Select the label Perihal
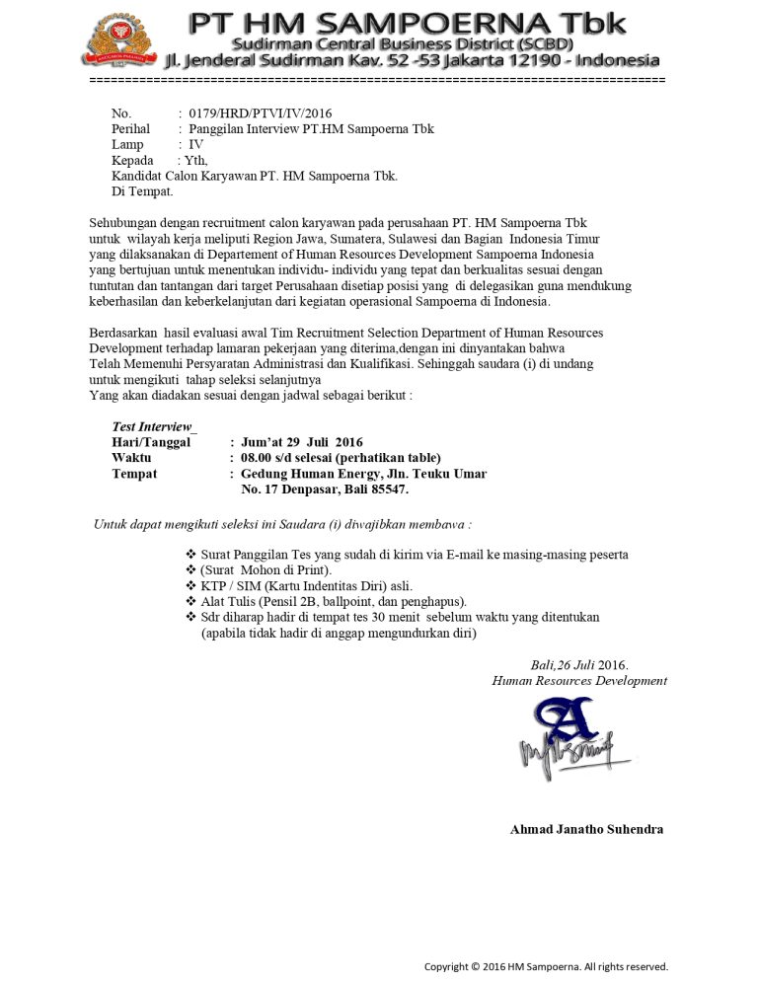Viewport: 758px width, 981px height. pyautogui.click(x=131, y=129)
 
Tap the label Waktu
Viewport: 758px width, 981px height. pyautogui.click(x=132, y=458)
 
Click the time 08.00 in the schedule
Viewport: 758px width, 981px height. pyautogui.click(x=257, y=458)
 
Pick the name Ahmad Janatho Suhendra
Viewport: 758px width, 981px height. pyautogui.click(x=586, y=829)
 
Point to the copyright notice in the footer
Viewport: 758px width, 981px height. pyautogui.click(x=546, y=966)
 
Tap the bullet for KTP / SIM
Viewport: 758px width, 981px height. pyautogui.click(x=191, y=586)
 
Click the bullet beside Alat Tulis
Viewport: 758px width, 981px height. pyautogui.click(x=191, y=602)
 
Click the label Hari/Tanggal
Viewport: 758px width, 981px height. pyautogui.click(x=151, y=442)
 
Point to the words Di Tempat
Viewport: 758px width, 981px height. pyautogui.click(x=142, y=191)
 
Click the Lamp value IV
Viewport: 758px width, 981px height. pyautogui.click(x=196, y=145)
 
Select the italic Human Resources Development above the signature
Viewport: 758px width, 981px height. pyautogui.click(x=579, y=681)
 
